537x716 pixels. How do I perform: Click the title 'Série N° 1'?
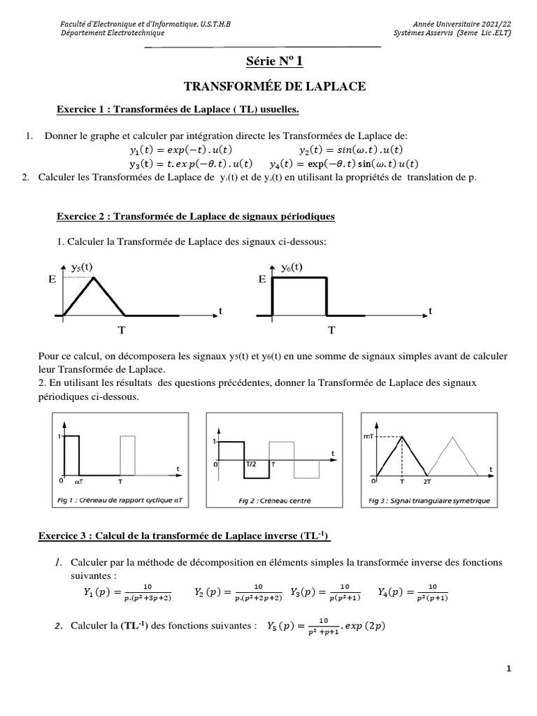pyautogui.click(x=274, y=62)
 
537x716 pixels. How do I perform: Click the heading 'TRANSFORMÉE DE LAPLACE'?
pyautogui.click(x=274, y=87)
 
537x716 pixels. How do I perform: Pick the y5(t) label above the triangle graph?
pyautogui.click(x=82, y=266)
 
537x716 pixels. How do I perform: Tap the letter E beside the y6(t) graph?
pyautogui.click(x=262, y=279)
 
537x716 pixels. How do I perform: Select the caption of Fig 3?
pyautogui.click(x=429, y=499)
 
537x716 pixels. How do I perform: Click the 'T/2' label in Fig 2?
pyautogui.click(x=250, y=464)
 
